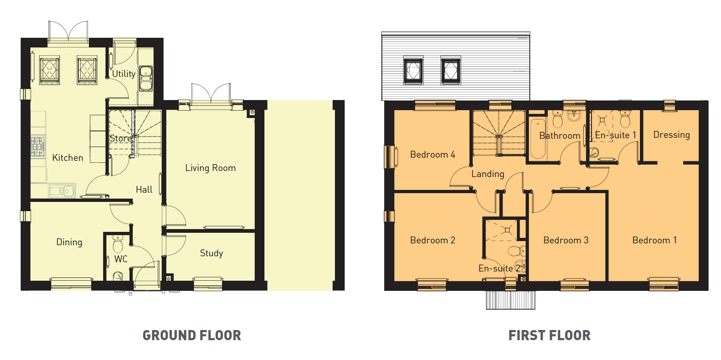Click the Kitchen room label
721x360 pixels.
click(x=68, y=158)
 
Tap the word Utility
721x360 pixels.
click(x=123, y=74)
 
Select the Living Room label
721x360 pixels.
click(x=211, y=168)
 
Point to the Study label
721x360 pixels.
click(x=211, y=253)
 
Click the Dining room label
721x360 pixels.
click(x=69, y=242)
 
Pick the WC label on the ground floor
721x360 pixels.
click(x=121, y=259)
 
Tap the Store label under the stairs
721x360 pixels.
click(x=121, y=138)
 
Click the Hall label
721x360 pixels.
click(x=144, y=189)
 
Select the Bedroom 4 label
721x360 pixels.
click(x=433, y=154)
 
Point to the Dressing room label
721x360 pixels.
click(x=671, y=135)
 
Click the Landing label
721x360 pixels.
click(x=487, y=174)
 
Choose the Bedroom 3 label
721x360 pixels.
click(x=566, y=240)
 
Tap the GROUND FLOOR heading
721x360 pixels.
click(x=192, y=335)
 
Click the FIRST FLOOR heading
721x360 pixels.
click(x=550, y=335)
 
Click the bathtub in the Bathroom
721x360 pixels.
click(x=538, y=139)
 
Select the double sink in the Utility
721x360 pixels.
click(x=146, y=78)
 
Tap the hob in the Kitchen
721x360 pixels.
click(x=38, y=147)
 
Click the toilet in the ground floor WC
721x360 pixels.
click(x=118, y=244)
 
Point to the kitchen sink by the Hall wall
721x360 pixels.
click(x=62, y=191)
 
